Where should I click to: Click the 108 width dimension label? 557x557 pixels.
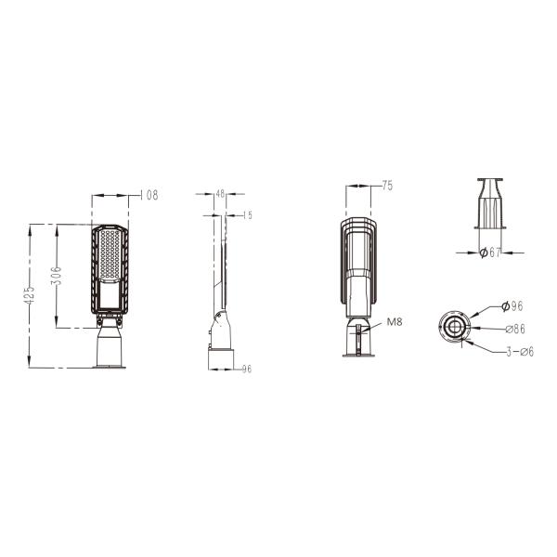[149, 195]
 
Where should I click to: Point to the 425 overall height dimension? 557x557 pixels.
[30, 295]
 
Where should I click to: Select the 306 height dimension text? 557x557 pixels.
[57, 276]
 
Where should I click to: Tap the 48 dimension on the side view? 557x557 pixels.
[220, 195]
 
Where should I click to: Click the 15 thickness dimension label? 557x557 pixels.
[248, 215]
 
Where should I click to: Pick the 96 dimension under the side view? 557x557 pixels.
[247, 369]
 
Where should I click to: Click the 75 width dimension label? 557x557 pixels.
[387, 186]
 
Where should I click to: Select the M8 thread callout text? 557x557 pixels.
[395, 322]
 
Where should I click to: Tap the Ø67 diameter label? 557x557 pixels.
[490, 252]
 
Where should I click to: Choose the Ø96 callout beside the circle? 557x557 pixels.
[512, 305]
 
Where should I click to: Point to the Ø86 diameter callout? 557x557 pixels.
[514, 328]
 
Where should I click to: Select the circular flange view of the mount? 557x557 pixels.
[455, 328]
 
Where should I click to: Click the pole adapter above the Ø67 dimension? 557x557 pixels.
[490, 203]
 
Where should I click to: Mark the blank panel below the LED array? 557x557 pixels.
[110, 296]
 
